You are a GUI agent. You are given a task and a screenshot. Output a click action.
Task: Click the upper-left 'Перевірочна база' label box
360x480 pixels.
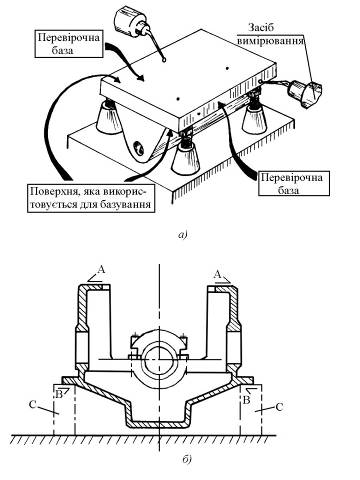(x=69, y=44)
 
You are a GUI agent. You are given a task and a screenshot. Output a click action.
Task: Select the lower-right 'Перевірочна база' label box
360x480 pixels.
(x=294, y=183)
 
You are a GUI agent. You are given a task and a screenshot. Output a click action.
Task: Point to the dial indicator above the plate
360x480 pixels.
(x=132, y=22)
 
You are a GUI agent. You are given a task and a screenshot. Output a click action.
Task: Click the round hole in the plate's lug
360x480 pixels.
(x=138, y=148)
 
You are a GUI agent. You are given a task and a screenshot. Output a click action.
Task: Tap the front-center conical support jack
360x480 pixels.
(x=186, y=159)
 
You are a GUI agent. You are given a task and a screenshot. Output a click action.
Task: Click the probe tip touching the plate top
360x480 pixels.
(x=164, y=59)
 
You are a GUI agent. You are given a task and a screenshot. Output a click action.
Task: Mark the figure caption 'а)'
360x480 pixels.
(x=183, y=235)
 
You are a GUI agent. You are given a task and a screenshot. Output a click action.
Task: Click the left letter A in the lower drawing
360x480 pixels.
(x=102, y=269)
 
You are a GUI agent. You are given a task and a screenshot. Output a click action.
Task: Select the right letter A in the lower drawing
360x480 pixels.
(x=217, y=275)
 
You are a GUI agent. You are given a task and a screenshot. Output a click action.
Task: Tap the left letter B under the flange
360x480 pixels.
(x=59, y=395)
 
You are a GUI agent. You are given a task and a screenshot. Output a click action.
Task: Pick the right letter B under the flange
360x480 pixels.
(x=246, y=399)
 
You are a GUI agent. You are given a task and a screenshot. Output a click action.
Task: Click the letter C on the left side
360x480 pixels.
(x=32, y=405)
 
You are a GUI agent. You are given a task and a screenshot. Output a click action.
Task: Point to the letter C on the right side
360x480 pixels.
(x=279, y=407)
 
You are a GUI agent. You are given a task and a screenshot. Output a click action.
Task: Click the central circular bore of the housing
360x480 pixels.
(x=160, y=359)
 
